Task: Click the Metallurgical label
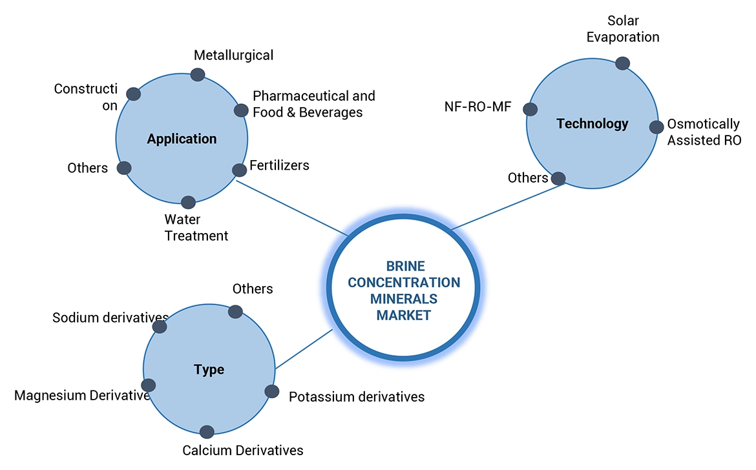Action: (234, 56)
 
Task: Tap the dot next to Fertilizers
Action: (239, 170)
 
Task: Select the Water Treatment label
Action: (196, 228)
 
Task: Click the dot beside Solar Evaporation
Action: (622, 63)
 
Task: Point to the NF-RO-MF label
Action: (478, 107)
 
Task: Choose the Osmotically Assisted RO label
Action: (704, 132)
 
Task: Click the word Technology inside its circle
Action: (593, 123)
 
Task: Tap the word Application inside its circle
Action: (182, 139)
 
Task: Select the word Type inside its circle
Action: (209, 370)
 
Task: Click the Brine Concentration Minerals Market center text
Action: (404, 291)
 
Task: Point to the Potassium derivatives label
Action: (357, 396)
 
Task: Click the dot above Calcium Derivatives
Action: (207, 432)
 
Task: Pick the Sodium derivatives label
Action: (110, 318)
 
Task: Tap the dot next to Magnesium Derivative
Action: (148, 385)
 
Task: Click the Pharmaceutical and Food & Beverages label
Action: (313, 104)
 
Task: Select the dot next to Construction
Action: (133, 94)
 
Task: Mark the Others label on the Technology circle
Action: (528, 178)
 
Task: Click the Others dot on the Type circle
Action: (235, 312)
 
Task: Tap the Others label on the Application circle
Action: (87, 169)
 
